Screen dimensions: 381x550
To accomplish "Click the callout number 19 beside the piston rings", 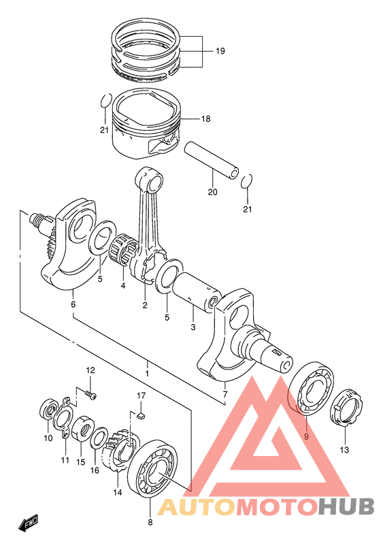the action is tap(220, 51).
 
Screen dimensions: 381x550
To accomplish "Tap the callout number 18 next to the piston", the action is tap(205, 119).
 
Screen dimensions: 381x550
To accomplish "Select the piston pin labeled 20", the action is tap(212, 160).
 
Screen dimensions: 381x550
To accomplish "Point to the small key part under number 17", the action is tap(141, 415).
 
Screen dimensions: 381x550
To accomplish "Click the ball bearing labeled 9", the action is tap(310, 388).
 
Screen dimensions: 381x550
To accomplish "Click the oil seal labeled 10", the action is tap(49, 409).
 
